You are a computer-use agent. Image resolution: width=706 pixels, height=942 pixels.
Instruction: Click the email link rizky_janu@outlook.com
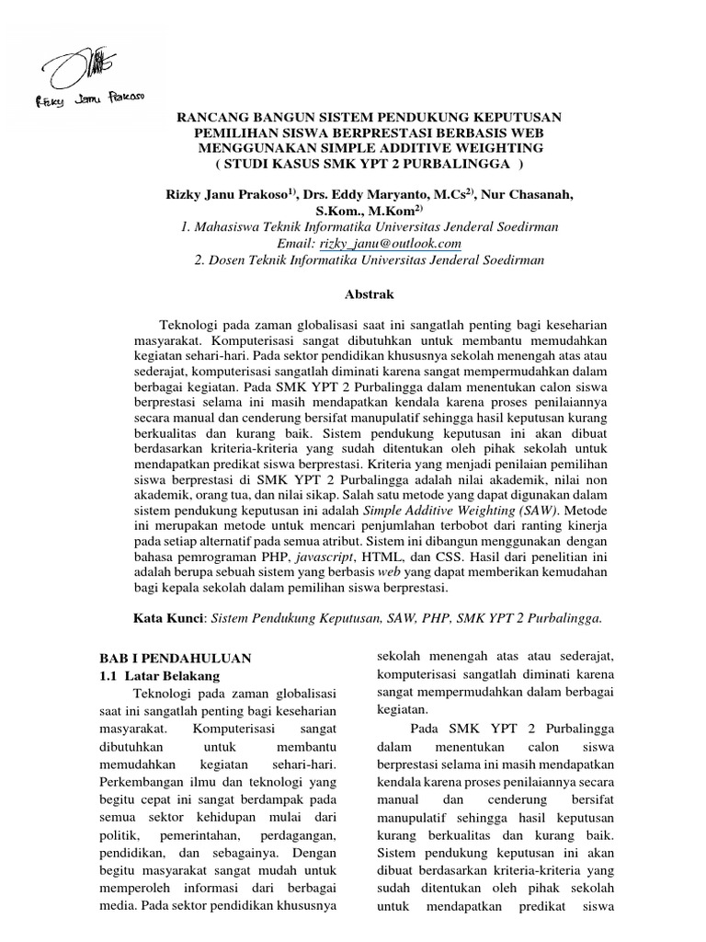pyautogui.click(x=389, y=243)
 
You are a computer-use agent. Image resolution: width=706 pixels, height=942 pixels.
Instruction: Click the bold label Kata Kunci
pyautogui.click(x=172, y=619)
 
